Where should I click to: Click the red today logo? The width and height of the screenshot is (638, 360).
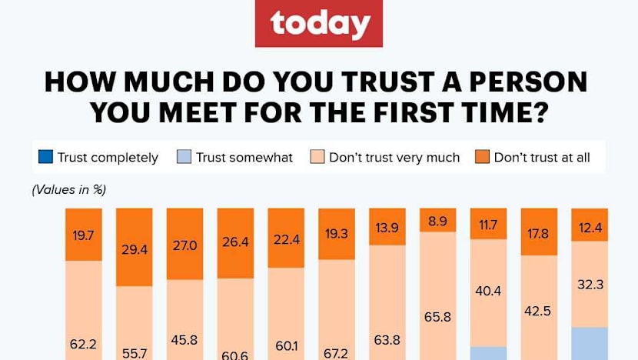tap(318, 24)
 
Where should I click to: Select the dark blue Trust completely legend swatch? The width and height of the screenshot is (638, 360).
tap(45, 158)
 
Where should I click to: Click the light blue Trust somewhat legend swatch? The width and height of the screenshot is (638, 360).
tap(182, 158)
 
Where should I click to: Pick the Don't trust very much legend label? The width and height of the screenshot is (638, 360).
tap(394, 158)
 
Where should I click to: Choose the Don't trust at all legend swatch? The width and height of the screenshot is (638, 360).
tap(481, 158)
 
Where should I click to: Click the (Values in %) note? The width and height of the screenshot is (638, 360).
tap(68, 189)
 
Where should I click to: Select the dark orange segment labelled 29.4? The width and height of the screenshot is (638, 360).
tap(133, 247)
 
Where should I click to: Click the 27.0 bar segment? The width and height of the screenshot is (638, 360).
tap(184, 244)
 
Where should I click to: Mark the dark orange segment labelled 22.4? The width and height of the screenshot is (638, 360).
tap(286, 238)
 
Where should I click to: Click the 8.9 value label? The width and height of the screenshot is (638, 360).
tap(438, 220)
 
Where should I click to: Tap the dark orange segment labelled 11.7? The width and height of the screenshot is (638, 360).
tap(489, 224)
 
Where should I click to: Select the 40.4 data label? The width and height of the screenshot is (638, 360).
tap(489, 292)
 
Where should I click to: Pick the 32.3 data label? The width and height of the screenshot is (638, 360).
tap(590, 284)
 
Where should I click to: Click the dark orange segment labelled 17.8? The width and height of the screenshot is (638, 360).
tap(539, 232)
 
